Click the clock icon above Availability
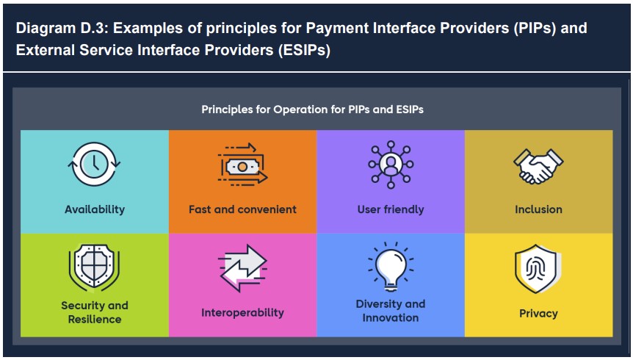94,164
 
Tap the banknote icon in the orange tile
242,165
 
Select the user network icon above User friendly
391,165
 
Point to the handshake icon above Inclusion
538,166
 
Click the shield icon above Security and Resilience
95,267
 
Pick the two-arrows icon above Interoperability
242,268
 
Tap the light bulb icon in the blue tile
391,266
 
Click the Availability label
95,209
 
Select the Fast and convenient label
242,209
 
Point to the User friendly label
391,209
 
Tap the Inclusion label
538,209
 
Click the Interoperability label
242,313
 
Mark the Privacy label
538,314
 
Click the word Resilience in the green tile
95,319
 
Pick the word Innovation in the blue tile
391,317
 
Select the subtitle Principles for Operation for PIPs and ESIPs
313,109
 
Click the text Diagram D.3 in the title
62,28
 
